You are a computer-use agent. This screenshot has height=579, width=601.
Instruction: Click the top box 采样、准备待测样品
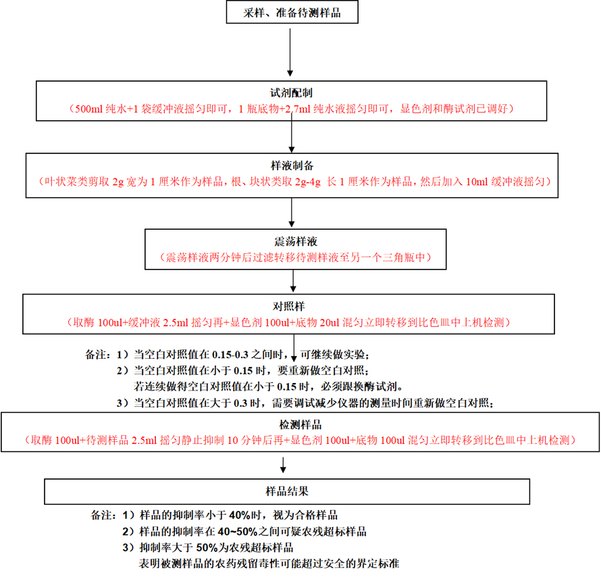[x=290, y=14]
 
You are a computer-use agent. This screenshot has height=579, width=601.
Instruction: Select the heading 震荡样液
[x=296, y=241]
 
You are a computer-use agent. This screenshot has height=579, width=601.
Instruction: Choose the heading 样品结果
[x=288, y=489]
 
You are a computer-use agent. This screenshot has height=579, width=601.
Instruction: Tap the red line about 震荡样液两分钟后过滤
[x=296, y=257]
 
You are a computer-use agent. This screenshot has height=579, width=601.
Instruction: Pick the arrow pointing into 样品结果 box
[x=284, y=466]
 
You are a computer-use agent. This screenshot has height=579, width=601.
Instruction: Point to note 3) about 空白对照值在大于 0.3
[x=307, y=403]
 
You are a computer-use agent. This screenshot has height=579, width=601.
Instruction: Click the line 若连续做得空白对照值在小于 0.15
[x=269, y=387]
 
